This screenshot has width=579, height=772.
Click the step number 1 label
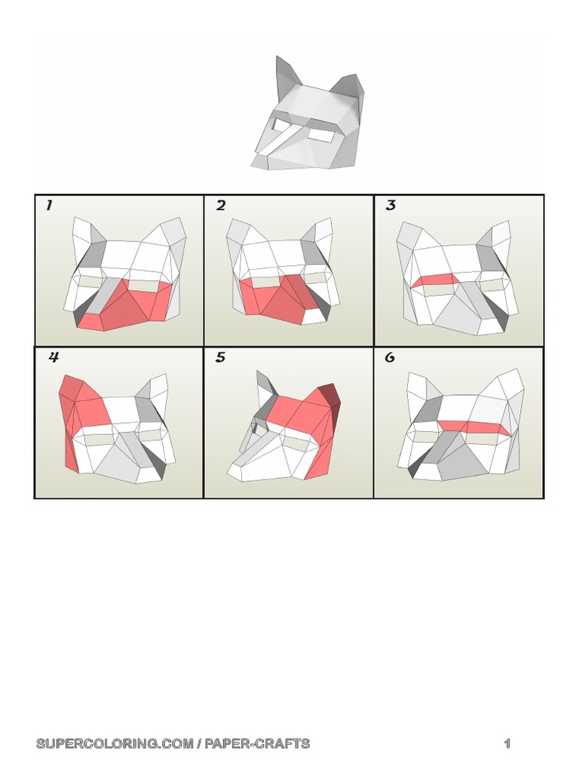tap(49, 206)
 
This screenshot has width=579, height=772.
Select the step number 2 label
tap(220, 206)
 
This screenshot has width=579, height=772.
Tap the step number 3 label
tap(391, 206)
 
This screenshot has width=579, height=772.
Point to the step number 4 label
tap(54, 358)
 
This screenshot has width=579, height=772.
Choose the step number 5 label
tap(220, 358)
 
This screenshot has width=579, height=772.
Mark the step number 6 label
tap(390, 358)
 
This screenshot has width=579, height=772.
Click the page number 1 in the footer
tap(507, 744)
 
